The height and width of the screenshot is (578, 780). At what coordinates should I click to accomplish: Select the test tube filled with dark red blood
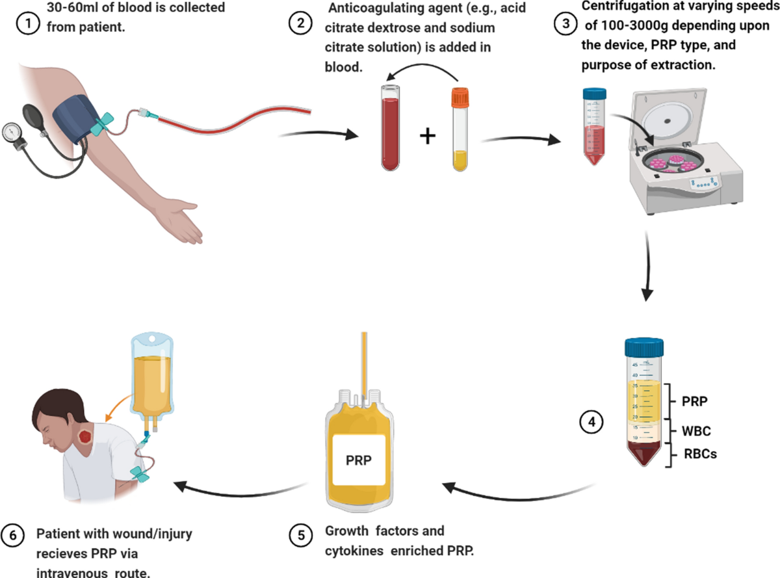tap(391, 130)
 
